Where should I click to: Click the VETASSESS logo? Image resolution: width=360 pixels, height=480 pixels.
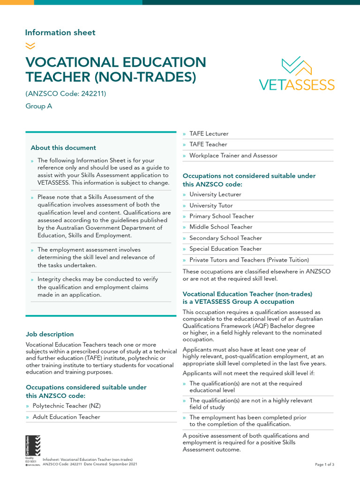click(x=297, y=74)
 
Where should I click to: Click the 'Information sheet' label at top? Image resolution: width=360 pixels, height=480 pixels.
click(x=60, y=32)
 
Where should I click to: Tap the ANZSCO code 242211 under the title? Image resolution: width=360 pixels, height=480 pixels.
click(x=66, y=94)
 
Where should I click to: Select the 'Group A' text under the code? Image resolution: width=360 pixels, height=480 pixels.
click(x=39, y=106)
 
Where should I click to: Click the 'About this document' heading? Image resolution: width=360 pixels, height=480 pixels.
click(x=63, y=148)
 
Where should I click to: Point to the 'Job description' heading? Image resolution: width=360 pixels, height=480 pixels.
click(x=50, y=334)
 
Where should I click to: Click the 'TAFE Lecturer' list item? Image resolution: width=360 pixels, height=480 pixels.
click(x=209, y=134)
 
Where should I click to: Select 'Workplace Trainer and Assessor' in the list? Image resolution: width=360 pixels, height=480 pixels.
click(x=233, y=156)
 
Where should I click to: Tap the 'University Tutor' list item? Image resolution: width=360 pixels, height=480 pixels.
click(x=211, y=205)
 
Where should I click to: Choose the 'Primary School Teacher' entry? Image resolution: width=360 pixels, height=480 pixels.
click(x=221, y=216)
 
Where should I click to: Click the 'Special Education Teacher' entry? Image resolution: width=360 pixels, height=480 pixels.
click(x=225, y=249)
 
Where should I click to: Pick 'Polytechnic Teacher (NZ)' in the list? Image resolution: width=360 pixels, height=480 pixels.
click(x=67, y=405)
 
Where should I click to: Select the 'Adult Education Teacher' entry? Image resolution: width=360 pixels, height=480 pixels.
click(x=66, y=417)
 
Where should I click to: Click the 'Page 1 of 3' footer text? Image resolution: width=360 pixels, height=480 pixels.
click(x=324, y=465)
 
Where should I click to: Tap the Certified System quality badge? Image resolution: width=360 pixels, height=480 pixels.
click(x=33, y=450)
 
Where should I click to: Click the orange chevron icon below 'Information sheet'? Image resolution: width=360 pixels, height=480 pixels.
click(x=30, y=45)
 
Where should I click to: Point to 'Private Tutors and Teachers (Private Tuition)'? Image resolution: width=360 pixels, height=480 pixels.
click(x=249, y=260)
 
